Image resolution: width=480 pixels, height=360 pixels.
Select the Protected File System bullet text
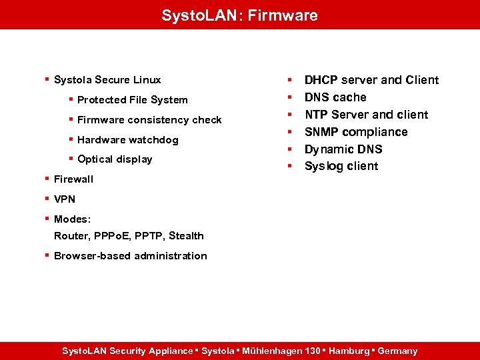pos(132,100)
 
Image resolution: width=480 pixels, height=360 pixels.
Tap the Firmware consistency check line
pos(149,120)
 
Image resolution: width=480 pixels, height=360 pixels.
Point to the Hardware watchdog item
pos(127,140)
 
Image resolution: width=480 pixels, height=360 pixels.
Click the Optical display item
pos(115,159)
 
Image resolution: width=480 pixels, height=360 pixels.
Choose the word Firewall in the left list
pos(73,179)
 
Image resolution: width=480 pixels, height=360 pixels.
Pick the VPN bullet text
pos(65,199)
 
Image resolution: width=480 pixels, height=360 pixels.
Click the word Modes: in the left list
pos(73,219)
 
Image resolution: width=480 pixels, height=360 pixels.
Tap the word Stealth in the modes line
pos(186,236)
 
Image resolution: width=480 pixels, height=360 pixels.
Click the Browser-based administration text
pos(131,256)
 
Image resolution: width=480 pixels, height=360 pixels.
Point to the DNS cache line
pos(335,97)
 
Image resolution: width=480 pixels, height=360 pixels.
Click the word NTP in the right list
pos(316,115)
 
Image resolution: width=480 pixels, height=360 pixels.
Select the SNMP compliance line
pos(356,132)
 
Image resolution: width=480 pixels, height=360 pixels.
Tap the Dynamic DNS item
pos(343,149)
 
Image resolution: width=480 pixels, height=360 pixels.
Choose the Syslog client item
pos(341,166)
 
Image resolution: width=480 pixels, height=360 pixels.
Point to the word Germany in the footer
pos(397,351)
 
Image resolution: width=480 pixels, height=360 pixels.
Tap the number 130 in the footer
pos(312,351)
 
